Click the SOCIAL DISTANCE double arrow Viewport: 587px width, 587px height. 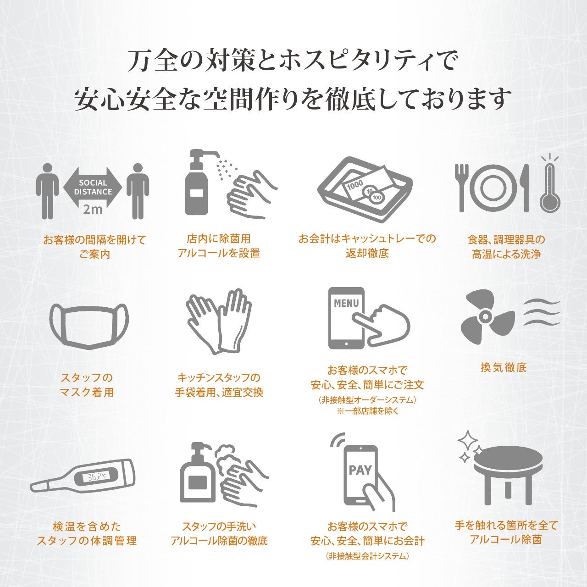point(93,187)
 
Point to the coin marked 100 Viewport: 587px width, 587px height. point(377,198)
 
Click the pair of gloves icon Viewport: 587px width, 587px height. point(219,321)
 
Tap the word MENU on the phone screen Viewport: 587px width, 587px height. point(346,303)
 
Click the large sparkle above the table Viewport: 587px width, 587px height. point(468,440)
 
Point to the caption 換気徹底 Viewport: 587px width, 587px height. point(504,367)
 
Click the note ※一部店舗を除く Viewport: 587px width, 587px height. point(368,411)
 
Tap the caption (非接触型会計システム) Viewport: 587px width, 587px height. point(367,556)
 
